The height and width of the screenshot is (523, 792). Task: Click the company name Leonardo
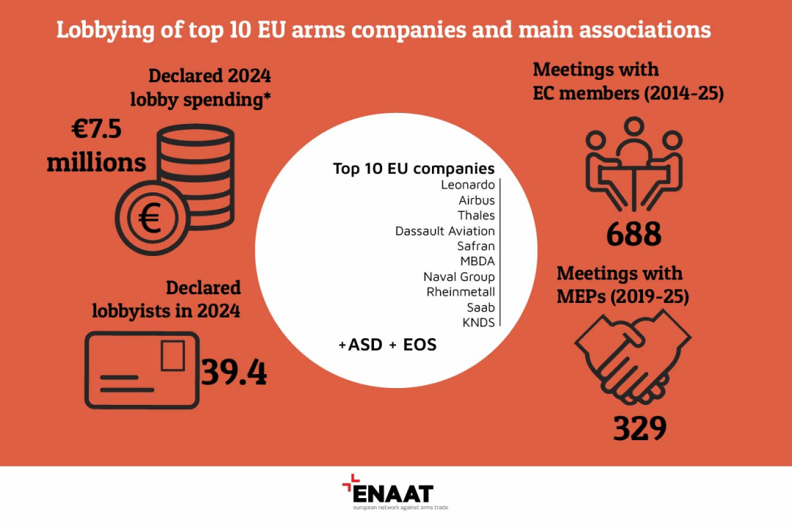pyautogui.click(x=468, y=184)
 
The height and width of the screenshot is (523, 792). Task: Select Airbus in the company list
pyautogui.click(x=477, y=200)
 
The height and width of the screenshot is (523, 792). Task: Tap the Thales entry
pyautogui.click(x=477, y=215)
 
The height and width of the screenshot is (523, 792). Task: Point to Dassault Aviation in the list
pyautogui.click(x=445, y=231)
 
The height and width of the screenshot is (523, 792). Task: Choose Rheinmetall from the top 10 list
pyautogui.click(x=461, y=291)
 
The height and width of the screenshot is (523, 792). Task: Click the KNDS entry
pyautogui.click(x=479, y=323)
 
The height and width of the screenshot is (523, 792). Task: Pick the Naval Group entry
pyautogui.click(x=459, y=277)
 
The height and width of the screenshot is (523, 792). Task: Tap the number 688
pyautogui.click(x=634, y=233)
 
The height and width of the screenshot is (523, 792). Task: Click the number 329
pyautogui.click(x=640, y=428)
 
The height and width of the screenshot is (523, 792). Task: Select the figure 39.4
pyautogui.click(x=234, y=373)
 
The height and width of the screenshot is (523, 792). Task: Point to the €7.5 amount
pyautogui.click(x=97, y=129)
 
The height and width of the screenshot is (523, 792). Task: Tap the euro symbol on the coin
pyautogui.click(x=150, y=219)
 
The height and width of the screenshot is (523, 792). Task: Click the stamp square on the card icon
pyautogui.click(x=173, y=356)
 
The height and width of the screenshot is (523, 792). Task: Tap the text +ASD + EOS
pyautogui.click(x=387, y=345)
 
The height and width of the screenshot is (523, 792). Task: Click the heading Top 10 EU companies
pyautogui.click(x=414, y=168)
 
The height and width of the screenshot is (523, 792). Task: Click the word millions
pyautogui.click(x=97, y=163)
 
